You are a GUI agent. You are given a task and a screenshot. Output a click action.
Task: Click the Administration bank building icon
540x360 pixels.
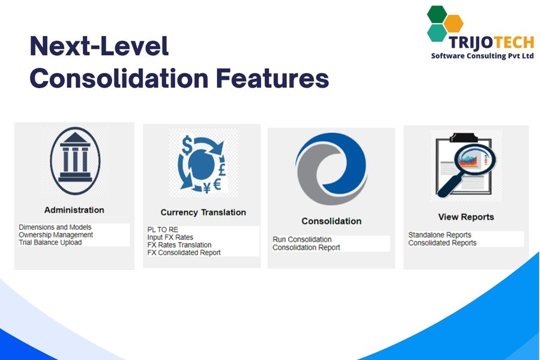pos(75,160)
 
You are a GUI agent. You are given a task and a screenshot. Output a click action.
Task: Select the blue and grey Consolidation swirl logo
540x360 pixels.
pos(331,169)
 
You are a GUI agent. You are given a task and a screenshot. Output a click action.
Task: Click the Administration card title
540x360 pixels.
pos(74,210)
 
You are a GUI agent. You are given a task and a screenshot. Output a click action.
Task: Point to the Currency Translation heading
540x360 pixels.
pos(203,212)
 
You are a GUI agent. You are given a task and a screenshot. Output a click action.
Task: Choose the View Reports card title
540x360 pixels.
pos(466,217)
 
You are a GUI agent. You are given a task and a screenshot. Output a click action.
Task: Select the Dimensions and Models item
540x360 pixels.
pos(55,227)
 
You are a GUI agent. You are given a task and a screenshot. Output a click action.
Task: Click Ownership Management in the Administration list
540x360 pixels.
pos(56,235)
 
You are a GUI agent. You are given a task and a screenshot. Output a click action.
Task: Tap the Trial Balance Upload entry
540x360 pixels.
pos(50,242)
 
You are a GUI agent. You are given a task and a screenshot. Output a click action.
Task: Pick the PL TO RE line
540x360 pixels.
pos(163,230)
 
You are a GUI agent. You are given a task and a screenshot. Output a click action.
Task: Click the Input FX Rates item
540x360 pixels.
pos(170,238)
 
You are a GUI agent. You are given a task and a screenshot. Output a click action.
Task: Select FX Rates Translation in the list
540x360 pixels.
pos(179,245)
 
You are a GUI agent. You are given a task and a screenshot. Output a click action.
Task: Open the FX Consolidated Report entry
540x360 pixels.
pos(184,253)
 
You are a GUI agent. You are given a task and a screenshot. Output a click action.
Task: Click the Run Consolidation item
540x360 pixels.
pos(302,239)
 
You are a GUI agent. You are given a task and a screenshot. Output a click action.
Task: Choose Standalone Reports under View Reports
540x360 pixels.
pos(440,235)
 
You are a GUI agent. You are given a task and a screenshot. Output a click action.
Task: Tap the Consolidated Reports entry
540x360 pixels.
pos(442,243)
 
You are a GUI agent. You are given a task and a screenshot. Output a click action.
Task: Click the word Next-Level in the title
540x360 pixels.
pos(99,47)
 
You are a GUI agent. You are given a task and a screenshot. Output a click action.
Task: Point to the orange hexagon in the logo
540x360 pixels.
pos(453,23)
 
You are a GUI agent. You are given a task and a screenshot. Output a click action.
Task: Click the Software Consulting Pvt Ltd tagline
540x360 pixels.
pos(482,56)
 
